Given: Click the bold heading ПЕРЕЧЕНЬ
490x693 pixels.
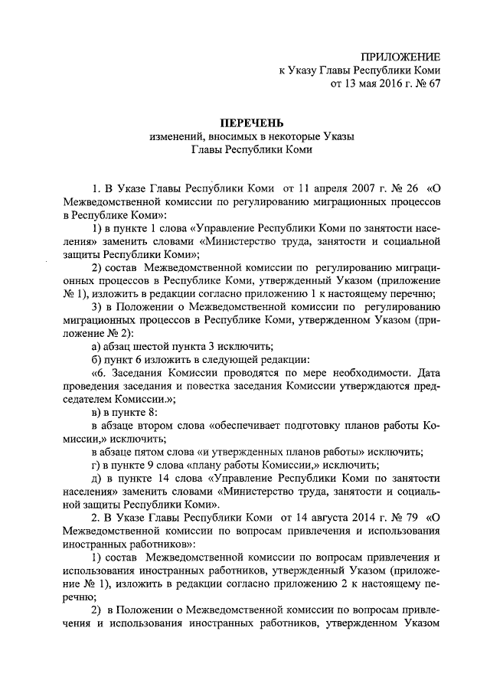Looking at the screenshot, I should coord(252,123).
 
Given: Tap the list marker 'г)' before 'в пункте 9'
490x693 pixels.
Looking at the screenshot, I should coord(96,465).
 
